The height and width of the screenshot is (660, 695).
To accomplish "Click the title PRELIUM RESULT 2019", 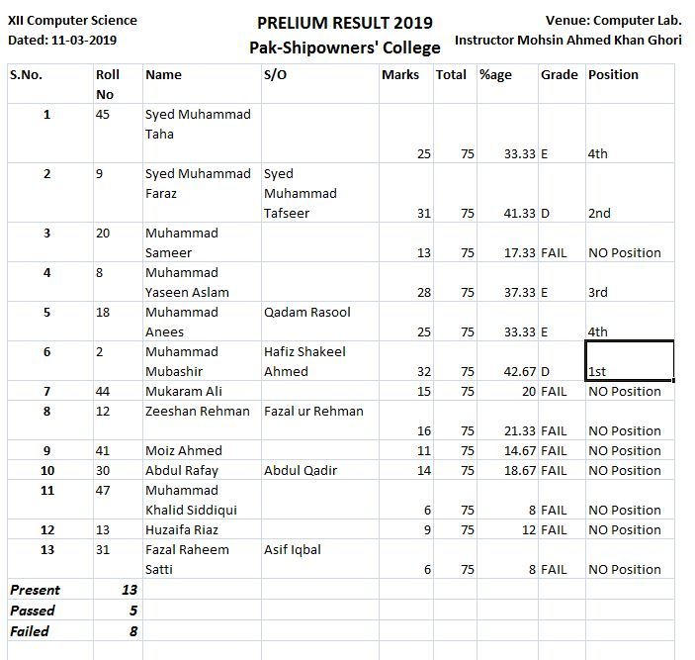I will tap(344, 23).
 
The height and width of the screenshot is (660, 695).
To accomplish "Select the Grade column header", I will tap(559, 75).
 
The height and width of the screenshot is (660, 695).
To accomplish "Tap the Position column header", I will tap(613, 75).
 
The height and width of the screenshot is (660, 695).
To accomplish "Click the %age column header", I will tap(495, 75).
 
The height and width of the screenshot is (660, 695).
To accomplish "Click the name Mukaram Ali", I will tap(184, 392).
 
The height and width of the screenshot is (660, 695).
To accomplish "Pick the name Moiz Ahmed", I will tap(184, 451).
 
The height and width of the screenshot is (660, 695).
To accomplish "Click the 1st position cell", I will tap(597, 372).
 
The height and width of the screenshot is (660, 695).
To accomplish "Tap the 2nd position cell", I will tap(599, 214).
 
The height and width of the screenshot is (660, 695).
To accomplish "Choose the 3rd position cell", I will tap(598, 293).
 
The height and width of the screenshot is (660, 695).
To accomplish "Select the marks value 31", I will tap(423, 214).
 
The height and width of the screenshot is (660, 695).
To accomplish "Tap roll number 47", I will tap(104, 491).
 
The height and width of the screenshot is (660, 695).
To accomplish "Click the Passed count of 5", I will tap(132, 611).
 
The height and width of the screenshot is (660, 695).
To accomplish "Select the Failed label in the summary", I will tap(30, 631).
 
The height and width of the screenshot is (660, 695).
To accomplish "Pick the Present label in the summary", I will tap(35, 591).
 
